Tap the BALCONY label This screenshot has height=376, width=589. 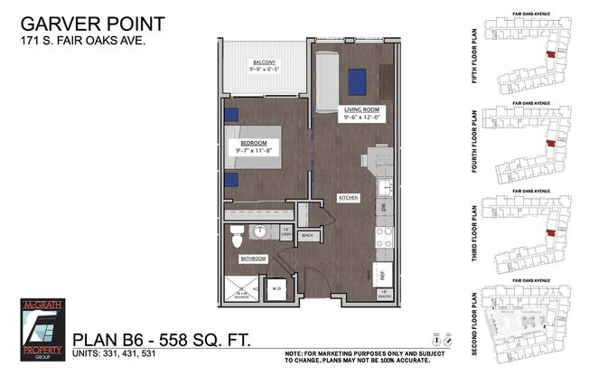(x=264, y=60)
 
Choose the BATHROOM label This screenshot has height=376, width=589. (x=253, y=258)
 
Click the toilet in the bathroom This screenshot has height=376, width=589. (x=237, y=238)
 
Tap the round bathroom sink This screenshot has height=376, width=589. (x=261, y=232)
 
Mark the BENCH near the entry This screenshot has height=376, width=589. (x=306, y=236)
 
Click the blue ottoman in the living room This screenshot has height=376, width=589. (x=356, y=81)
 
